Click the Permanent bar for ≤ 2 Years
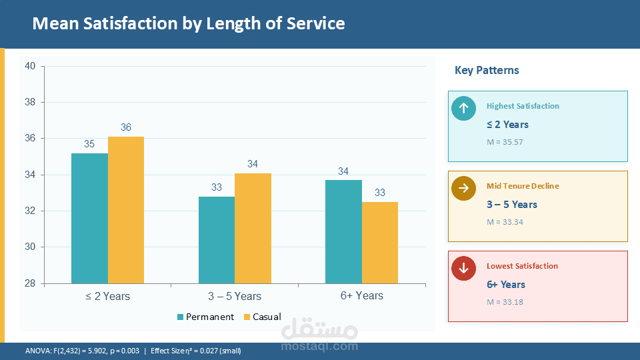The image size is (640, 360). pyautogui.click(x=89, y=218)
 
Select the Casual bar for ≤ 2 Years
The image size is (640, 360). pyautogui.click(x=126, y=210)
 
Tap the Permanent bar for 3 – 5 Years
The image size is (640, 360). pyautogui.click(x=217, y=240)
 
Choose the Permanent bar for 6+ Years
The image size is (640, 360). pyautogui.click(x=343, y=231)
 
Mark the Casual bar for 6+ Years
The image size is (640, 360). pyautogui.click(x=380, y=243)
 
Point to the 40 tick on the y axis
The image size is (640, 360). pyautogui.click(x=30, y=66)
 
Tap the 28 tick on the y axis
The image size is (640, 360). pyautogui.click(x=30, y=284)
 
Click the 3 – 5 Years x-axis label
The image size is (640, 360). pyautogui.click(x=235, y=296)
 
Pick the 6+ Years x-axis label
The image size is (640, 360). pyautogui.click(x=361, y=296)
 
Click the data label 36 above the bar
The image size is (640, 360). pyautogui.click(x=126, y=127)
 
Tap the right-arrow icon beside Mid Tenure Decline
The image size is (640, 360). pyautogui.click(x=463, y=189)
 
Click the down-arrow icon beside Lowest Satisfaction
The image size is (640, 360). pyautogui.click(x=463, y=269)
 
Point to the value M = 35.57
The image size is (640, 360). pyautogui.click(x=505, y=142)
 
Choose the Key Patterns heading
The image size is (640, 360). pyautogui.click(x=487, y=70)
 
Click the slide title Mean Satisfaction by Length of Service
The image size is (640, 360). pyautogui.click(x=189, y=24)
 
